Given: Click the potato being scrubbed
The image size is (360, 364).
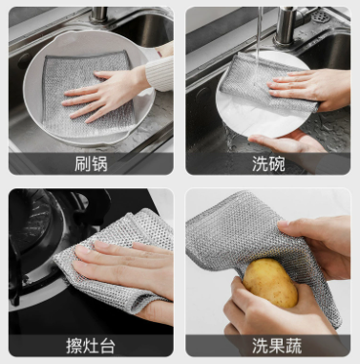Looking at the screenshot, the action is pyautogui.click(x=270, y=283).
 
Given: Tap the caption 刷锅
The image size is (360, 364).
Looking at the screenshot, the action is pyautogui.click(x=91, y=163).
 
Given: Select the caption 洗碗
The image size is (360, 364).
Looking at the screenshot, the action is pyautogui.click(x=268, y=163).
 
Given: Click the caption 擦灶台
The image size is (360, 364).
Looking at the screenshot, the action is pyautogui.click(x=91, y=346).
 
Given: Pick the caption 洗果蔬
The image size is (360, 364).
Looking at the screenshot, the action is pyautogui.click(x=277, y=346).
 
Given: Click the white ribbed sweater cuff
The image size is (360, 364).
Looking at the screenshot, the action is pyautogui.click(x=159, y=74).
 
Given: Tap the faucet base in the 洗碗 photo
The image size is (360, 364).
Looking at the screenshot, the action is pyautogui.click(x=286, y=27).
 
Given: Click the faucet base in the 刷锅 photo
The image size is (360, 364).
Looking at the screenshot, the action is pyautogui.click(x=98, y=15).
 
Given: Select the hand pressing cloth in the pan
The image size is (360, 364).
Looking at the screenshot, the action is pyautogui.click(x=105, y=94).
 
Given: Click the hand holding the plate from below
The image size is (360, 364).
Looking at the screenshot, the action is pyautogui.click(x=286, y=141).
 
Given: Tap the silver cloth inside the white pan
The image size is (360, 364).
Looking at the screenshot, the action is pyautogui.click(x=87, y=94).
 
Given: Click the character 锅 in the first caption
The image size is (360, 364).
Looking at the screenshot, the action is pyautogui.click(x=99, y=163).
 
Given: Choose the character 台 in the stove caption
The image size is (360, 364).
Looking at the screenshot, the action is pyautogui.click(x=107, y=346).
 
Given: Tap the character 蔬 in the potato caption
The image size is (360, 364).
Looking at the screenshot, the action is pyautogui.click(x=293, y=346).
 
